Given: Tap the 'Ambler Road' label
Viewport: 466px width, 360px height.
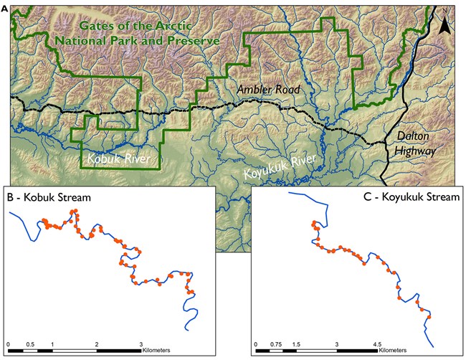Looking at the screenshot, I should (268, 90).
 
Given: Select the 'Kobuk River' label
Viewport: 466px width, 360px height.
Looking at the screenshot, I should (118, 158).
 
